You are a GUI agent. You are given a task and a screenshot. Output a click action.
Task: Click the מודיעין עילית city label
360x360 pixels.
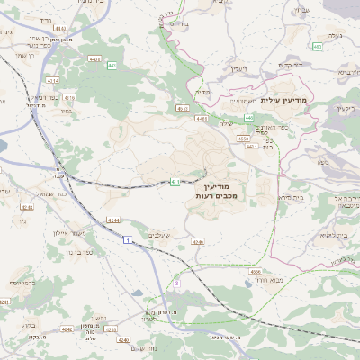(x=283, y=100)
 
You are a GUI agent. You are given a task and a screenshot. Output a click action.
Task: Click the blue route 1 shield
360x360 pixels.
(x=129, y=238)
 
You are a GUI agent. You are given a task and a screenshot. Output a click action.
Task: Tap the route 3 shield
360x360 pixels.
(x=177, y=283)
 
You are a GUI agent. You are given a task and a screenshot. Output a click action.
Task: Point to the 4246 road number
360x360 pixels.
(x=197, y=242)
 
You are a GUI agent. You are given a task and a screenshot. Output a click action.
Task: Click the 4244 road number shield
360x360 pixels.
(x=112, y=219)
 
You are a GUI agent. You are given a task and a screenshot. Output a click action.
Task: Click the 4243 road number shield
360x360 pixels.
(x=111, y=329)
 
